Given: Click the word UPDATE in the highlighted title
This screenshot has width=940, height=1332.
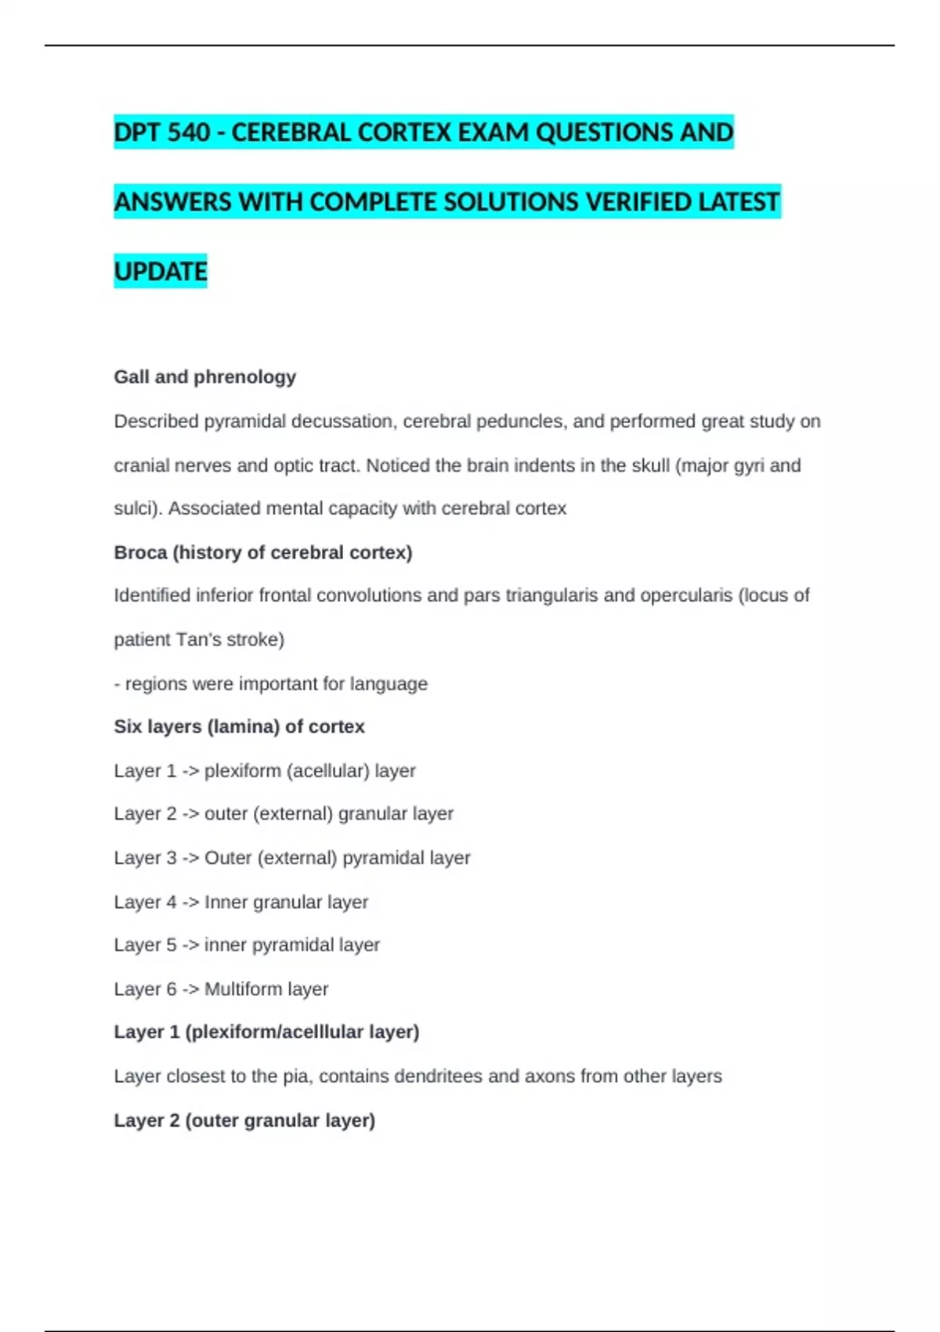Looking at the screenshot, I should (161, 272).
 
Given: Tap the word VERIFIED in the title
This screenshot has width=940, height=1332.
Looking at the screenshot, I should (638, 202).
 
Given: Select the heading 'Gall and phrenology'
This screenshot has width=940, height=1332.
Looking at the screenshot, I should (204, 377).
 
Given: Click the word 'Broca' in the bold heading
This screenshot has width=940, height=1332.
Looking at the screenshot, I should (140, 552).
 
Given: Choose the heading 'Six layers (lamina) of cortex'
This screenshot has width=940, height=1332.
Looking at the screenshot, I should (239, 727).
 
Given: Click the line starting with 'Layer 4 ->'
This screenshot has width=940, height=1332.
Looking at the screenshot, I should (240, 902).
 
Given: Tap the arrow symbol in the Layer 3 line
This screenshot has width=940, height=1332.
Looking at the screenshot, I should (190, 858).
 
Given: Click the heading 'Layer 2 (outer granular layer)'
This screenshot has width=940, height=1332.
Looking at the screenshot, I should (244, 1120).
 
